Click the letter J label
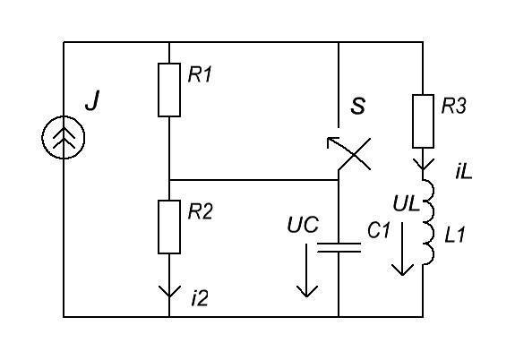click(92, 101)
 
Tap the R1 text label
click(200, 74)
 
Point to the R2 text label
click(201, 211)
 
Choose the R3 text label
click(453, 106)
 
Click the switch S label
click(357, 106)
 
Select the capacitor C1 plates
click(339, 248)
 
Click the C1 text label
click(379, 230)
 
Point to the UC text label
click(303, 225)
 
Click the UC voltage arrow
click(307, 270)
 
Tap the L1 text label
click(455, 236)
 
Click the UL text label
click(407, 203)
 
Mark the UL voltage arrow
click(403, 249)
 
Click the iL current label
click(464, 172)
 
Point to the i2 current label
click(200, 299)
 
